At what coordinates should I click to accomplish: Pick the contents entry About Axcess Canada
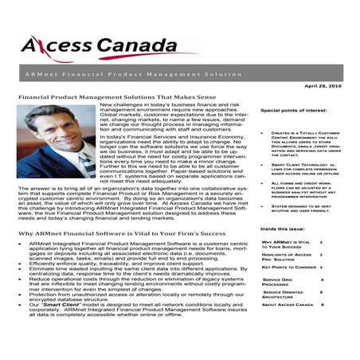pos(287,304)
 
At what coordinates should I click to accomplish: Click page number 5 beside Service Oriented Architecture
pos(321,292)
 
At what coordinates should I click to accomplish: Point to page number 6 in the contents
pos(321,304)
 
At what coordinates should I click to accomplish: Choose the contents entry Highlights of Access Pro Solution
pos(286,255)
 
